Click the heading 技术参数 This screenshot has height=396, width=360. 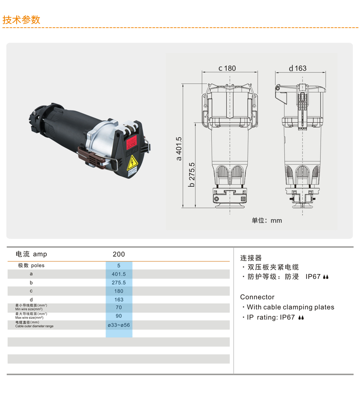(x=21, y=20)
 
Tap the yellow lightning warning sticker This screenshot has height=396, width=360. (x=132, y=163)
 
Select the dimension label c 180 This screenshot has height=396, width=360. (x=227, y=68)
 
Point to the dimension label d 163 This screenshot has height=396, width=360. (x=297, y=68)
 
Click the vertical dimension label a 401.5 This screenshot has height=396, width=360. (x=179, y=149)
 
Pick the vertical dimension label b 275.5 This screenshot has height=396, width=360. (x=192, y=174)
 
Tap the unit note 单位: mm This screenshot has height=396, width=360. (x=267, y=220)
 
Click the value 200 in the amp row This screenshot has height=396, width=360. (x=119, y=254)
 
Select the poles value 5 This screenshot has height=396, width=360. (x=119, y=266)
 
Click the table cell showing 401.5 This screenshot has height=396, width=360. (x=119, y=274)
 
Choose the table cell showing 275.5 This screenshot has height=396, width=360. (x=119, y=282)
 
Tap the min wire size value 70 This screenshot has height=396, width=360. (x=119, y=307)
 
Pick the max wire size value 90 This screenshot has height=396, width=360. (x=119, y=316)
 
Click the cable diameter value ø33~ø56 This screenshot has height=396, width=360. (x=119, y=325)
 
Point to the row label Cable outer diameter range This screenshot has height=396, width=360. (x=34, y=326)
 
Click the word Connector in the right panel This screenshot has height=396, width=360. (x=257, y=297)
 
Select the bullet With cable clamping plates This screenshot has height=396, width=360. (x=290, y=307)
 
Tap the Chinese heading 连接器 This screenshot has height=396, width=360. (x=251, y=258)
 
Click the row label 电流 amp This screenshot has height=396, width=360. (x=31, y=254)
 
